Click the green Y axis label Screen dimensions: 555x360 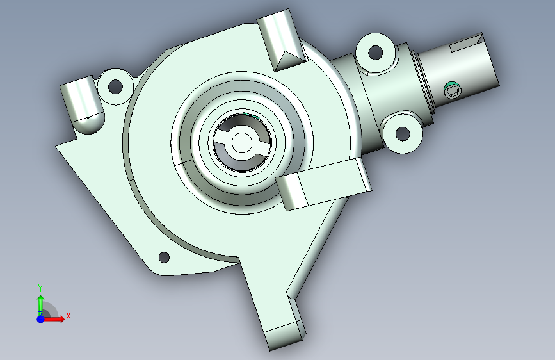[40, 288]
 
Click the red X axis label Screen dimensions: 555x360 [68, 316]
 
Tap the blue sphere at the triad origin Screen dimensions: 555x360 [41, 319]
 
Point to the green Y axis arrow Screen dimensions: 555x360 [41, 304]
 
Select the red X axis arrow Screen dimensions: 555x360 [54, 319]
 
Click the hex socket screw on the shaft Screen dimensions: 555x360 [453, 90]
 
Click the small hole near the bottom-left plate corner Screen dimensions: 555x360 [164, 258]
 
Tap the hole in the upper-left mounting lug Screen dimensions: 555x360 [115, 86]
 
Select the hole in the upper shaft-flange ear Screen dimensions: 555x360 [376, 53]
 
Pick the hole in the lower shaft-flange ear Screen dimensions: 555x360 [403, 134]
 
